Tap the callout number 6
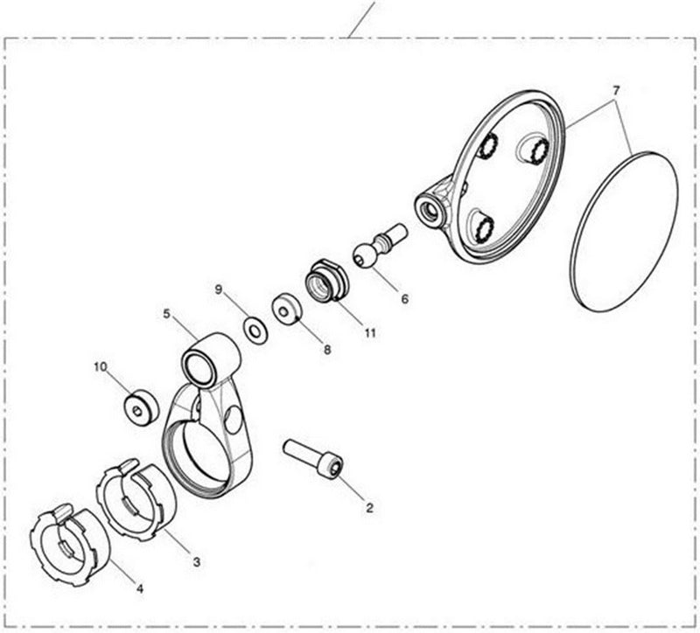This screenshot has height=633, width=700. [404, 298]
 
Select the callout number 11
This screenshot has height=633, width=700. [370, 333]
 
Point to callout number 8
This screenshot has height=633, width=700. [327, 349]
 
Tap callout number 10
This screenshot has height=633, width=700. [101, 366]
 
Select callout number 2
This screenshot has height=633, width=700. [369, 506]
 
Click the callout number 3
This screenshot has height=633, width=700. [196, 561]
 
